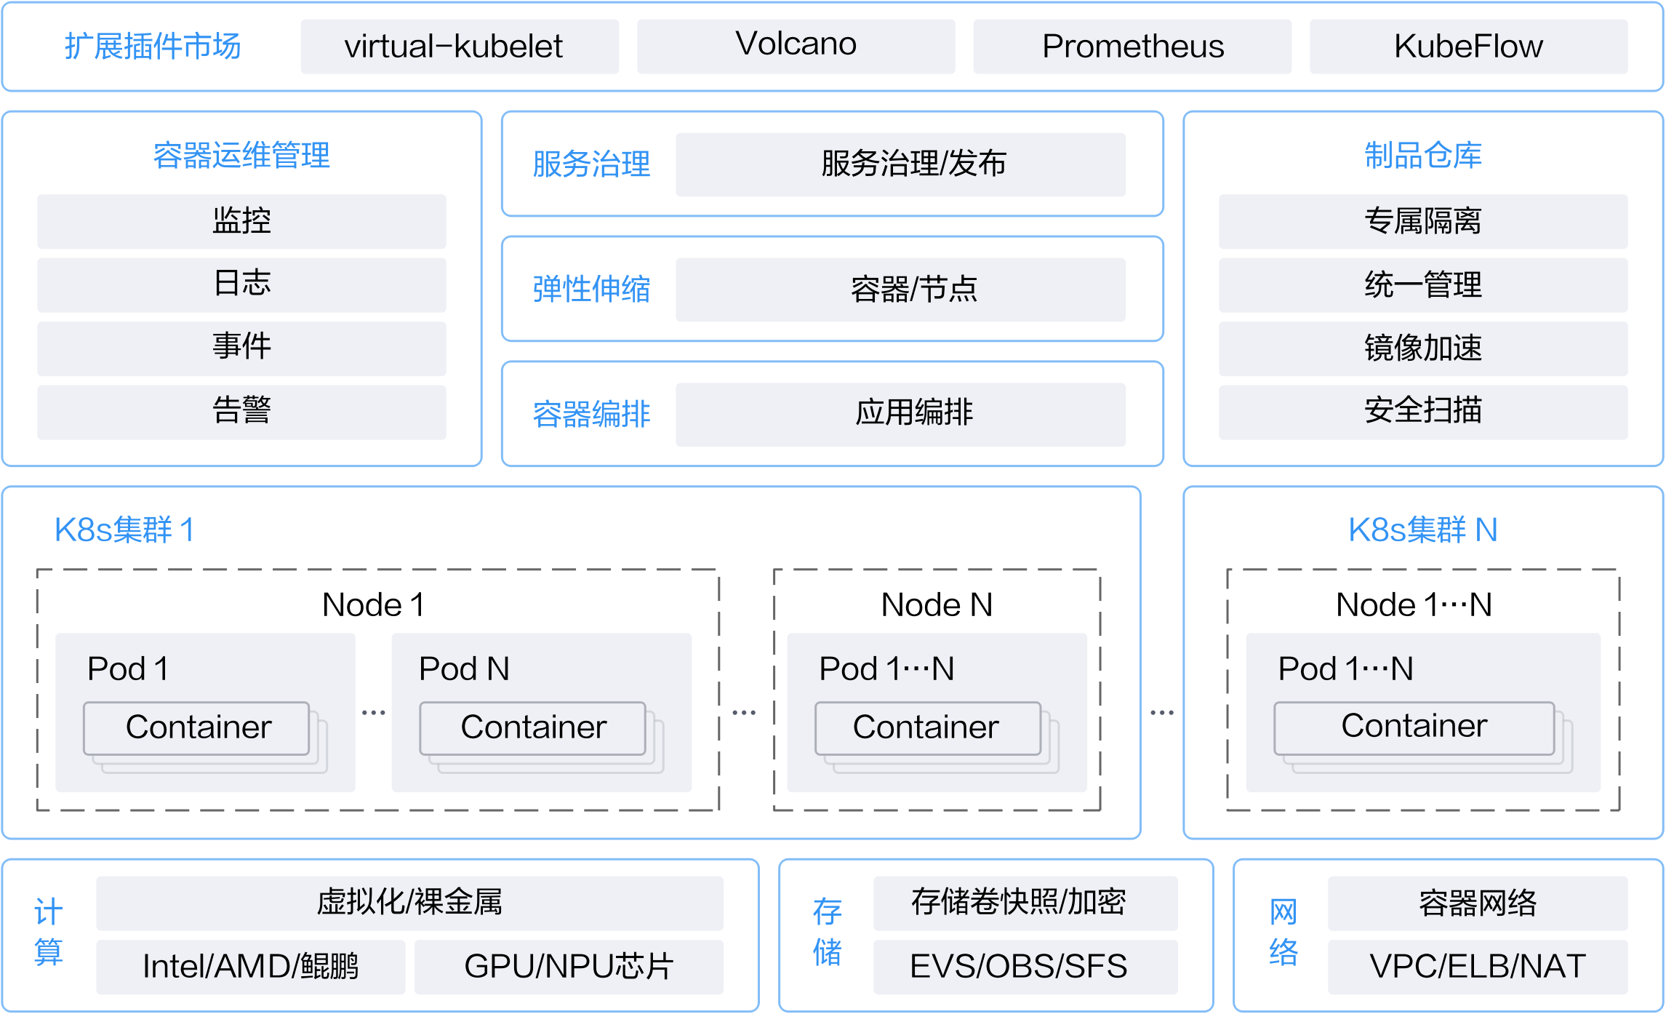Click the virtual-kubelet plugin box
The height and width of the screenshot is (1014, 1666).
460,47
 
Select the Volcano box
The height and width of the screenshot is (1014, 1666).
796,47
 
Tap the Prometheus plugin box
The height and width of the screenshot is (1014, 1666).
1132,47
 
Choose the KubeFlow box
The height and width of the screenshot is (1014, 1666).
1468,47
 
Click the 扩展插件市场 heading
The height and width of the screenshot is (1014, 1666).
153,47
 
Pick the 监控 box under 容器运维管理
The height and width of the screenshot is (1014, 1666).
241,221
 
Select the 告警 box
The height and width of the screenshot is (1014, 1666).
241,412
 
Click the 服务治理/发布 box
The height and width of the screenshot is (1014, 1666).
900,164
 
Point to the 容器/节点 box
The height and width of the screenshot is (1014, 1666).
900,290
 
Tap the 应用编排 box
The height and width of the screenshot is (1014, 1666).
900,415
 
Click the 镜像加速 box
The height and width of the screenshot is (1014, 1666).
1423,348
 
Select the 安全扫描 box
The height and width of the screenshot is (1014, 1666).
1423,412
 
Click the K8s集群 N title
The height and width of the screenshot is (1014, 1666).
1423,530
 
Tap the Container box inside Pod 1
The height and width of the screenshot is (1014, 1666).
196,728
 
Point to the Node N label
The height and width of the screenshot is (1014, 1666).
937,604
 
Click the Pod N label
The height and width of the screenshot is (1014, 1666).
464,668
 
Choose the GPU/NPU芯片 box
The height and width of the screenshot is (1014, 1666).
569,967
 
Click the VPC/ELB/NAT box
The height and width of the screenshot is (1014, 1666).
1478,967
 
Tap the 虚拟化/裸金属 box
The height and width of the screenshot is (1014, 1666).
409,903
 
